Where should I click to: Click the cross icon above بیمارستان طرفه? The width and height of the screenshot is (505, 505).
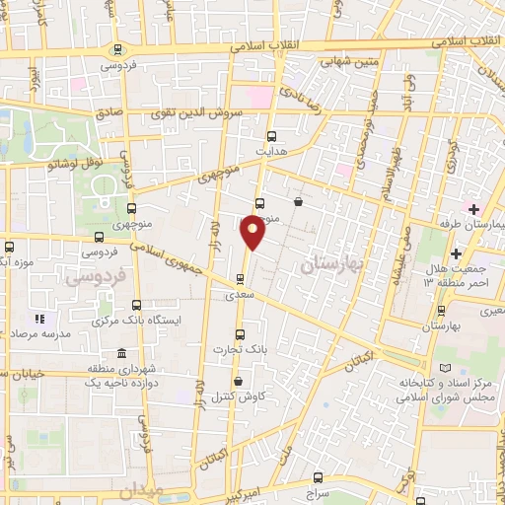474,209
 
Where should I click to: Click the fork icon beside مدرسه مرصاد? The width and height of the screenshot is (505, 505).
40,320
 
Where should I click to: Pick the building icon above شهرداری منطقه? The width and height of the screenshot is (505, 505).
122,354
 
